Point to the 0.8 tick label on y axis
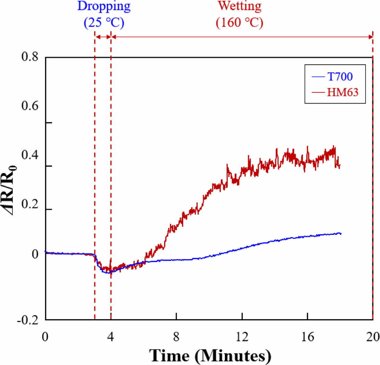point(30,56)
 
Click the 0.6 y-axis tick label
point(30,106)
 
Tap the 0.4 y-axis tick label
point(30,155)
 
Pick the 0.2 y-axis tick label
point(30,204)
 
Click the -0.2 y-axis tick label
point(28,320)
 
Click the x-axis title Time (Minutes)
point(210,355)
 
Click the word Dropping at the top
point(104,6)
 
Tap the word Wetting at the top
point(239,6)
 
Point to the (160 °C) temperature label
point(239,23)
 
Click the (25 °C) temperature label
point(104,23)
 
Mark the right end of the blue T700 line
point(341,233)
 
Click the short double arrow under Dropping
point(103,37)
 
